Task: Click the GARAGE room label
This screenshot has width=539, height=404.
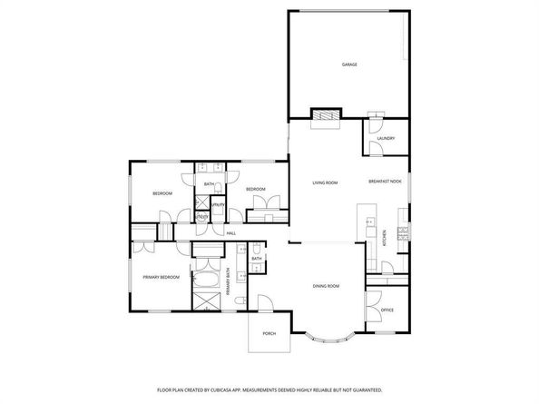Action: tap(348, 65)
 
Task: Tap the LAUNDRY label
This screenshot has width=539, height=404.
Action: tap(387, 138)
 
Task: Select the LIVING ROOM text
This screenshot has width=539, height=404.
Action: tap(325, 182)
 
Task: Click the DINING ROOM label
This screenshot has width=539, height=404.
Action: tap(326, 286)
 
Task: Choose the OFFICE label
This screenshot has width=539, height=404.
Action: tap(387, 310)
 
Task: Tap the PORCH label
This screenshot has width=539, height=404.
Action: tap(269, 334)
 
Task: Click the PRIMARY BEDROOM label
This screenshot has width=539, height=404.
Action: tap(161, 277)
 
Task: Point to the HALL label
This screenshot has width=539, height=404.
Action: tap(231, 233)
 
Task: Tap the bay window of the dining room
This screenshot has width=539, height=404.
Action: tap(329, 340)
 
